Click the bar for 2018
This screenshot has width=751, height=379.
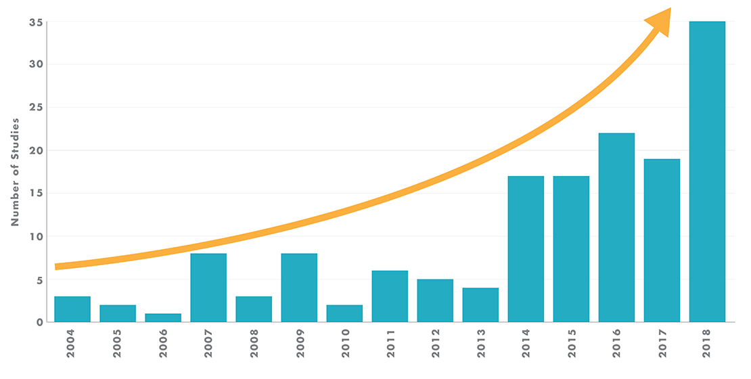pos(707,172)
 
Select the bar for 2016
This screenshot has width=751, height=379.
pos(616,227)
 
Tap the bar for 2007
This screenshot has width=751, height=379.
pos(208,288)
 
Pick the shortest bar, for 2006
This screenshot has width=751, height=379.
pos(163,317)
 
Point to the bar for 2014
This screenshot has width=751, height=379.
pos(526,249)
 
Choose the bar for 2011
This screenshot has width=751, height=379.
pos(390,296)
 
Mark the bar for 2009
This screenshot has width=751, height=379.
pos(299,288)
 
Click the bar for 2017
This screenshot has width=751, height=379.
pos(662,240)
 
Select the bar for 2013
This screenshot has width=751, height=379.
pos(480,305)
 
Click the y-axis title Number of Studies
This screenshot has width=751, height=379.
pos(14,172)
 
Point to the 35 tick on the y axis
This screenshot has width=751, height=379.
pos(37,22)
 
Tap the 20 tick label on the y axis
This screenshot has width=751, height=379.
pos(37,150)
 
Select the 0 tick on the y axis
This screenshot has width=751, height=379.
pos(40,322)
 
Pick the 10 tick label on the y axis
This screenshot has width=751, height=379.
pos(37,236)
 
